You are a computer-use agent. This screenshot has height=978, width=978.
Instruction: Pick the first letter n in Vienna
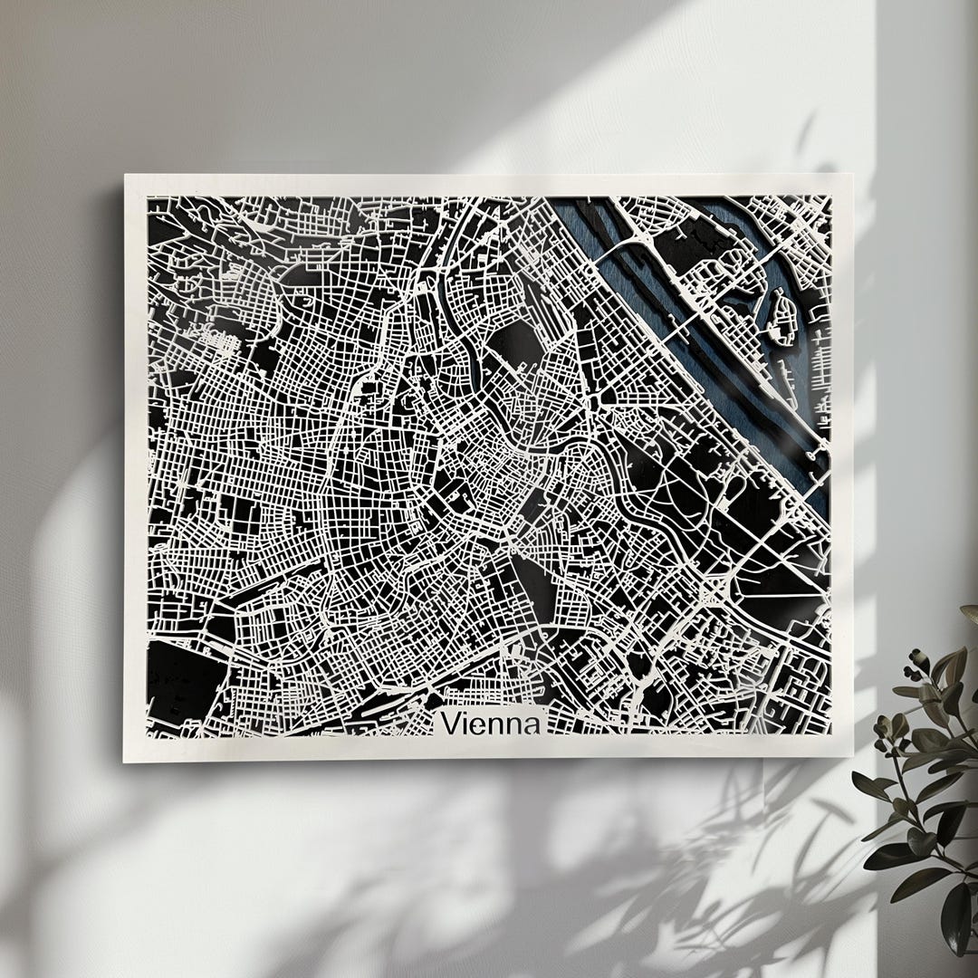pyautogui.click(x=497, y=725)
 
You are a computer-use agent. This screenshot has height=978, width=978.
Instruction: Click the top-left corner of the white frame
pyautogui.click(x=126, y=176)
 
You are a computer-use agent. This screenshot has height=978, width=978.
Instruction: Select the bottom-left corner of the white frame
pyautogui.click(x=124, y=762)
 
